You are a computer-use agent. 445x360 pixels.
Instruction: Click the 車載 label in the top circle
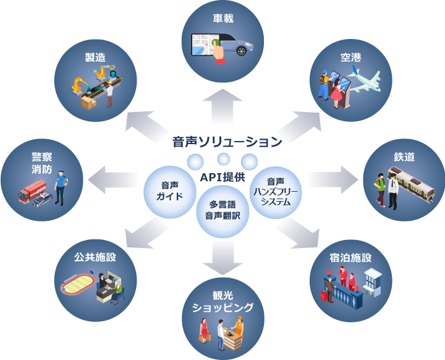point(222,19)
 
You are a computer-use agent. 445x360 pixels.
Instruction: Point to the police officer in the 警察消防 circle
point(60,186)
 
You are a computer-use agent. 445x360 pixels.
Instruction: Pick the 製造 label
point(95,58)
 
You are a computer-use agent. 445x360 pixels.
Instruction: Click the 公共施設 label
point(95,256)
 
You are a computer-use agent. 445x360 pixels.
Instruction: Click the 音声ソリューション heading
point(227,142)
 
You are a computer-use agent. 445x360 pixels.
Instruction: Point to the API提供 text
point(223,178)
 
